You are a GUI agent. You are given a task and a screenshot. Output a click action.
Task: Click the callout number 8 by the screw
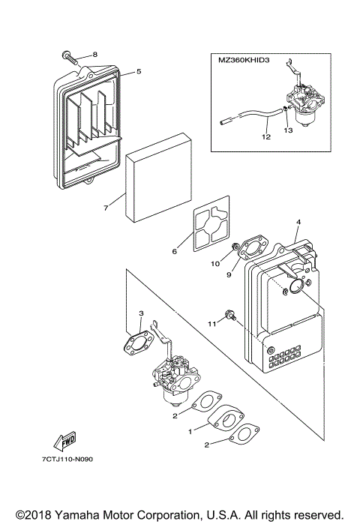click(x=95, y=55)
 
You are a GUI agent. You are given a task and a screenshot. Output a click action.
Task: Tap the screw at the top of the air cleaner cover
click(x=70, y=58)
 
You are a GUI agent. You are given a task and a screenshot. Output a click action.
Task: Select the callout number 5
click(x=139, y=71)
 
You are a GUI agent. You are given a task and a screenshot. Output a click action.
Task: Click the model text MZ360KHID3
click(x=244, y=61)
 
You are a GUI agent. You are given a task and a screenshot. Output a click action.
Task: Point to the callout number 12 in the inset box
click(x=266, y=136)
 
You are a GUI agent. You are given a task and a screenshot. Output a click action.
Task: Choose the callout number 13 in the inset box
click(x=288, y=130)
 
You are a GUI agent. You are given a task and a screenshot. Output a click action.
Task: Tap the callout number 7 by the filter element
click(x=106, y=208)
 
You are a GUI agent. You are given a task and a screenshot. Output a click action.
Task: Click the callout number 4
click(x=298, y=222)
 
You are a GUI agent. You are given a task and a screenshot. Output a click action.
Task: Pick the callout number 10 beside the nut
click(x=215, y=264)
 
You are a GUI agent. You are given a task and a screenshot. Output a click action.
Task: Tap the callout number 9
click(x=229, y=274)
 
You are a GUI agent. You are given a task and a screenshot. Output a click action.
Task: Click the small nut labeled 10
click(x=235, y=247)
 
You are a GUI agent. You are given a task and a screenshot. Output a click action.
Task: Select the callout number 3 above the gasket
click(x=141, y=313)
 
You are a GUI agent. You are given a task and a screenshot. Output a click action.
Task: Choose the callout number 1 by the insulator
click(x=190, y=432)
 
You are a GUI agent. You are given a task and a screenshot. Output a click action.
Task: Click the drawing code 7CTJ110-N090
click(x=67, y=460)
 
